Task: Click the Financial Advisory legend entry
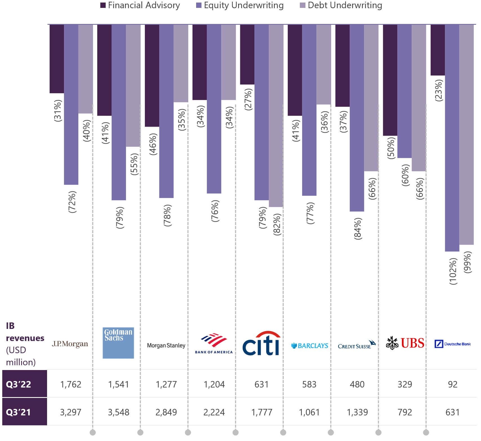click(x=140, y=5)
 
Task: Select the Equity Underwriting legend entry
click(x=240, y=5)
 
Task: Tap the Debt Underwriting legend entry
click(x=341, y=5)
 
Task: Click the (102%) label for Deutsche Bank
click(x=453, y=271)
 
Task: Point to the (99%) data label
click(x=467, y=262)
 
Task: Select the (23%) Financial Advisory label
click(x=439, y=90)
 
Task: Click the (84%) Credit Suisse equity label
click(x=358, y=228)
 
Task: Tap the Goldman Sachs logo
click(x=118, y=343)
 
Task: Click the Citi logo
click(x=261, y=343)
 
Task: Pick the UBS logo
click(x=405, y=343)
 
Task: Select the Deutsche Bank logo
click(x=453, y=344)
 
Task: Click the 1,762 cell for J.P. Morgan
click(x=71, y=384)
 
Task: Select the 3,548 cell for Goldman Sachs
click(x=119, y=412)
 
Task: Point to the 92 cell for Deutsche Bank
click(x=453, y=384)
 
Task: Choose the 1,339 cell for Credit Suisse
click(x=357, y=412)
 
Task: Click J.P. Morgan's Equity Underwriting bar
click(x=71, y=105)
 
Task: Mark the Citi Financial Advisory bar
click(x=247, y=55)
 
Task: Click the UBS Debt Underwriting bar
click(x=419, y=98)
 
